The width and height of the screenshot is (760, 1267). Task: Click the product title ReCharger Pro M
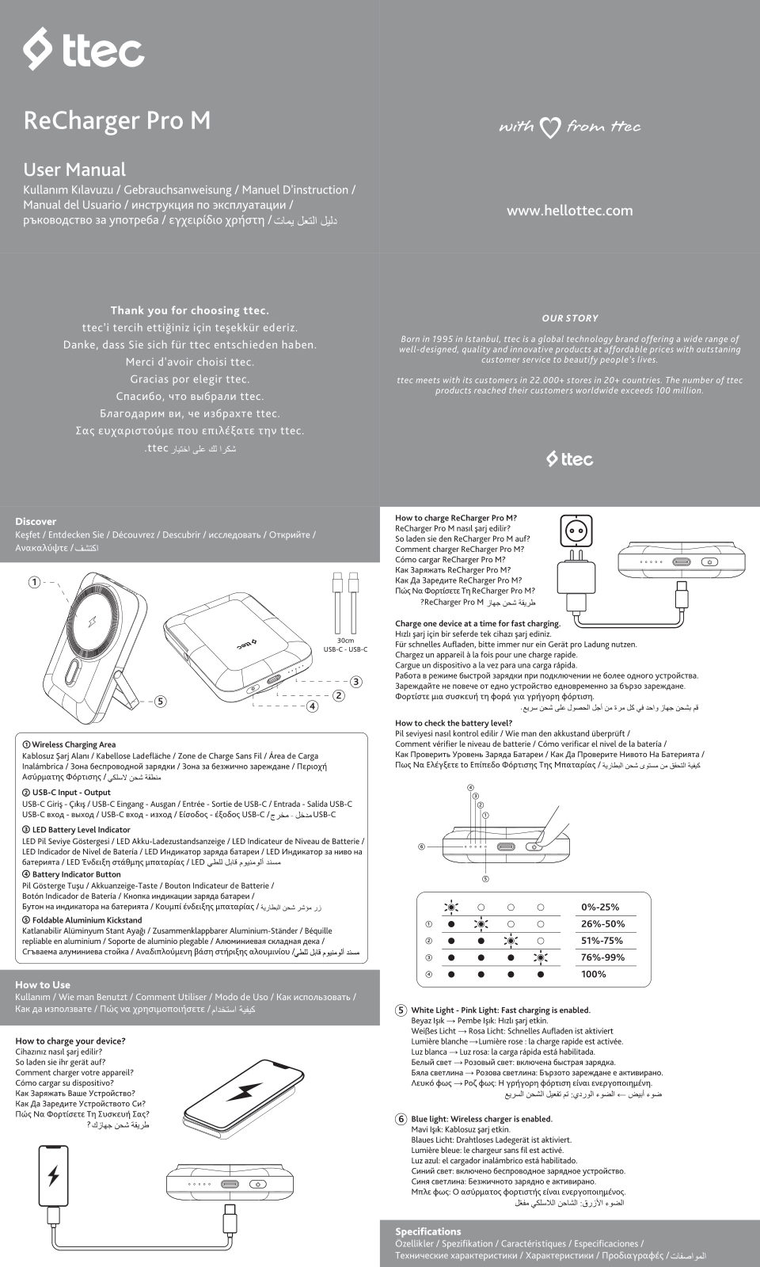coord(117,120)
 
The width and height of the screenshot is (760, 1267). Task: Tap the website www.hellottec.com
coord(569,211)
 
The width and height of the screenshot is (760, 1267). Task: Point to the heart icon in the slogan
coord(550,127)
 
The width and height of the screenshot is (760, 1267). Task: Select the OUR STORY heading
coord(569,318)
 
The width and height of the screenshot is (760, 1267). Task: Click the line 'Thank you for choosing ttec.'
coord(189,310)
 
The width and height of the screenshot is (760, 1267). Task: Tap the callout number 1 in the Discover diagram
coord(34,583)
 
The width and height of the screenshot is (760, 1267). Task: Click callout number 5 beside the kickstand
coord(160,701)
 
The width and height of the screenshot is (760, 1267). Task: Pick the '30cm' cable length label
coord(345,641)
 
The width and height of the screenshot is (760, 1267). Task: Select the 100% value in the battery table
coord(593,974)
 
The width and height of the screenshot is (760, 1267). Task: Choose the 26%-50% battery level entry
coord(602,924)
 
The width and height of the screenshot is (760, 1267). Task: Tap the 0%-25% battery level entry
coord(600,907)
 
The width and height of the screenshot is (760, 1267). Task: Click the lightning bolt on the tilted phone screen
coord(245,1092)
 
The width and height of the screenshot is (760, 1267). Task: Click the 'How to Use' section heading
coord(43,984)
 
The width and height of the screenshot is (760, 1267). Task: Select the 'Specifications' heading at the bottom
coord(427,1231)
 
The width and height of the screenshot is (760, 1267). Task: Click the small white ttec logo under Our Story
coord(569,459)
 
